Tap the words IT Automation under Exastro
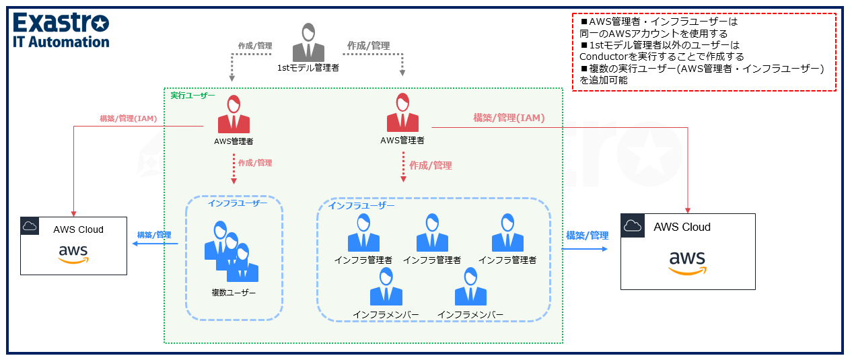61,42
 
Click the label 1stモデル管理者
308,67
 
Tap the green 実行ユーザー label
192,96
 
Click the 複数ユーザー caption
234,292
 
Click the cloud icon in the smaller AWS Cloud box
30,227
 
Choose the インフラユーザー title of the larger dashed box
361,205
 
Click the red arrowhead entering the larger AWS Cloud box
688,209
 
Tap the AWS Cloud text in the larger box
682,227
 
